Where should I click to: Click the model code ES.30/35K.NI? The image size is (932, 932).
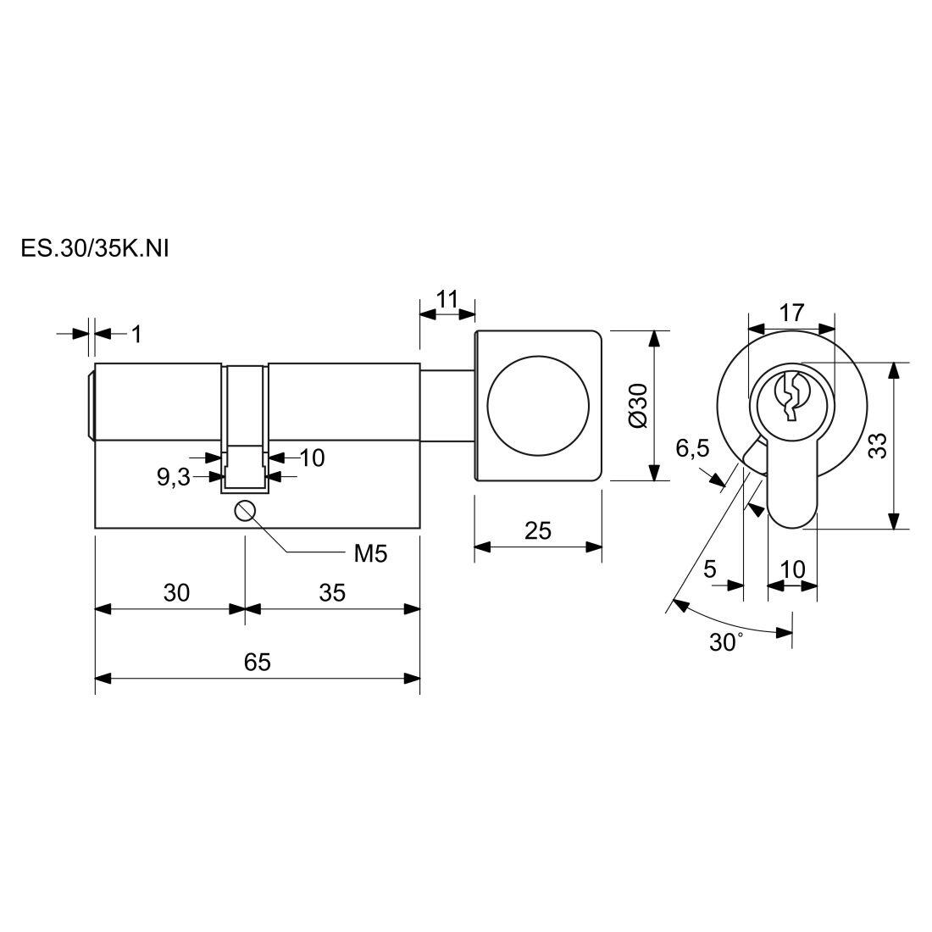89,249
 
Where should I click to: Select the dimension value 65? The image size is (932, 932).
257,661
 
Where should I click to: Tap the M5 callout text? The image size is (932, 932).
370,554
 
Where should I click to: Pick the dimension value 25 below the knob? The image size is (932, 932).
538,530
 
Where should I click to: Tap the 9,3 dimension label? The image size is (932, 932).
173,477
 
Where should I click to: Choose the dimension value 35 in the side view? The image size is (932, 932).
332,592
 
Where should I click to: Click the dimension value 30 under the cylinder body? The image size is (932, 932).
176,592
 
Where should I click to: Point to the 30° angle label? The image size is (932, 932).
726,642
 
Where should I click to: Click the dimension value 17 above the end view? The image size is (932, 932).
791,312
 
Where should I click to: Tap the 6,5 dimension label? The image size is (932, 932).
692,448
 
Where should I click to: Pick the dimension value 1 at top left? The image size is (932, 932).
136,334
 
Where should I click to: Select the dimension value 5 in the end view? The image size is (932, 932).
711,569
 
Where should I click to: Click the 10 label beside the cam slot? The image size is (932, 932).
312,458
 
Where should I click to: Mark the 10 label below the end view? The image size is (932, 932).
792,569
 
